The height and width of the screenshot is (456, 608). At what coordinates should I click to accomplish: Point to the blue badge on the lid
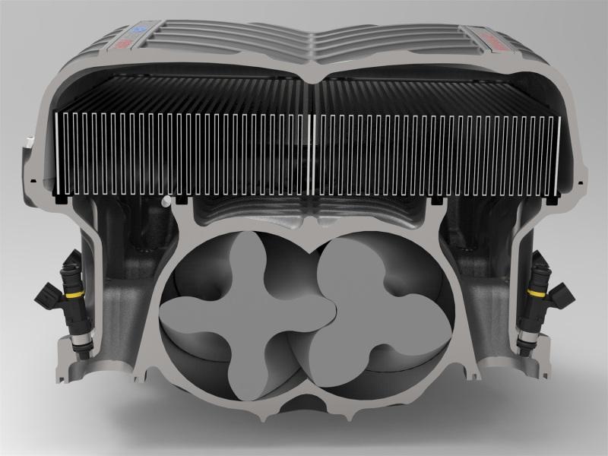pos(139,27)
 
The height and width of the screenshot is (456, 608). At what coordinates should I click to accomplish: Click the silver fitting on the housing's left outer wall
pos(29,141)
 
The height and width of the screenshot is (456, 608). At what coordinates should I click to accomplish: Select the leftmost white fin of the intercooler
pos(60,152)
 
